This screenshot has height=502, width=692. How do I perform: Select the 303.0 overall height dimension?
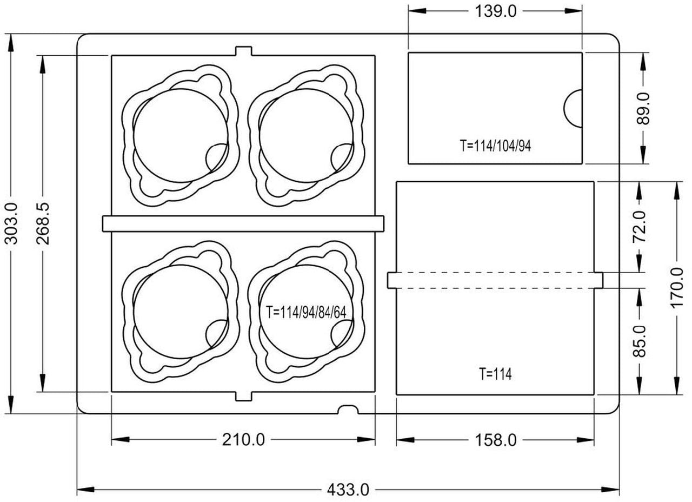[x=12, y=224]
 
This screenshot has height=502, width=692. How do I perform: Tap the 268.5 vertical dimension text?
[x=43, y=224]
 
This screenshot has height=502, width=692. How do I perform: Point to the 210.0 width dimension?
[x=243, y=440]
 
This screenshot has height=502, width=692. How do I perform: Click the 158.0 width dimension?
[x=496, y=440]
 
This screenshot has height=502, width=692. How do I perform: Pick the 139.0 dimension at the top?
[x=496, y=12]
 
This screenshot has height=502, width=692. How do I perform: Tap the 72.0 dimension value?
[x=640, y=227]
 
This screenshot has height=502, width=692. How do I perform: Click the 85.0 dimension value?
[x=640, y=341]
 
